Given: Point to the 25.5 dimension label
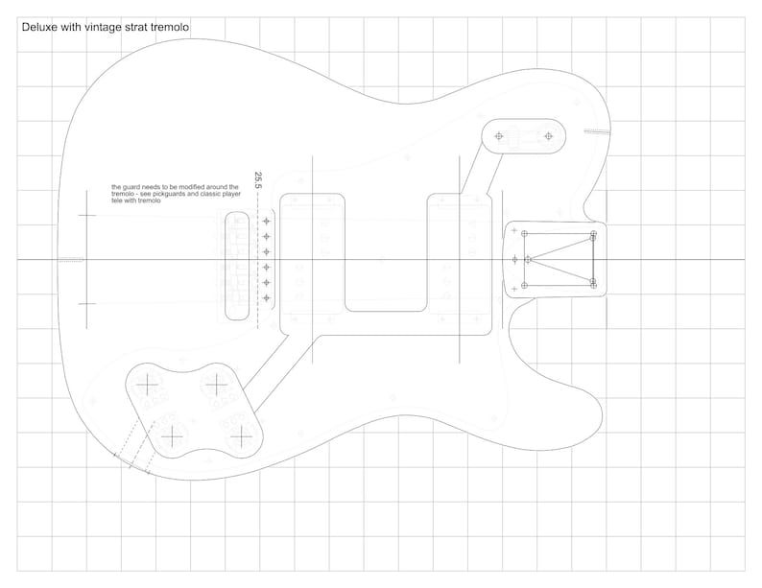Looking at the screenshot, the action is (257, 179).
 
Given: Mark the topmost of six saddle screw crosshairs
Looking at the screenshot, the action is (267, 222).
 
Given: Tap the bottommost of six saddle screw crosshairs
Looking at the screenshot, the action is (267, 298).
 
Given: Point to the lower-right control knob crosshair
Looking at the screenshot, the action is (239, 436).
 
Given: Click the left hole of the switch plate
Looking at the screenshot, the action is (498, 136).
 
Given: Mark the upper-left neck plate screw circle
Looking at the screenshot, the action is (526, 233).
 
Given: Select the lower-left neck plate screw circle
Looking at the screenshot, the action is (526, 285).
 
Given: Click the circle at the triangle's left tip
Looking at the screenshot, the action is (529, 259).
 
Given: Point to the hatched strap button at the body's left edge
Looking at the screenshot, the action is (70, 259).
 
